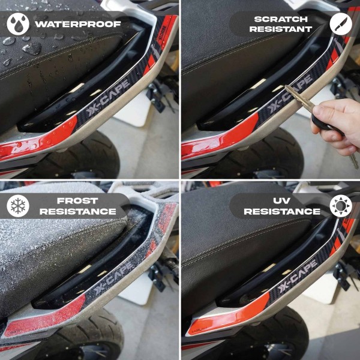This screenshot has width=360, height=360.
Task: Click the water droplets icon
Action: pyautogui.click(x=18, y=24)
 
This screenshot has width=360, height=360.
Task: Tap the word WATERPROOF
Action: pyautogui.click(x=78, y=25)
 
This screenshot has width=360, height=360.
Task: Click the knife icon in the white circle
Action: pyautogui.click(x=340, y=24)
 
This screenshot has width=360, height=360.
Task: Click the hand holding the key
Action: pyautogui.click(x=336, y=123)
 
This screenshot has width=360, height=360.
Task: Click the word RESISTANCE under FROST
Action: pyautogui.click(x=78, y=211)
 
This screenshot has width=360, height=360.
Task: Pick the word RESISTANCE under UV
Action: pyautogui.click(x=282, y=211)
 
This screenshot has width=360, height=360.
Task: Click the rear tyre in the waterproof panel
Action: pyautogui.click(x=90, y=156)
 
